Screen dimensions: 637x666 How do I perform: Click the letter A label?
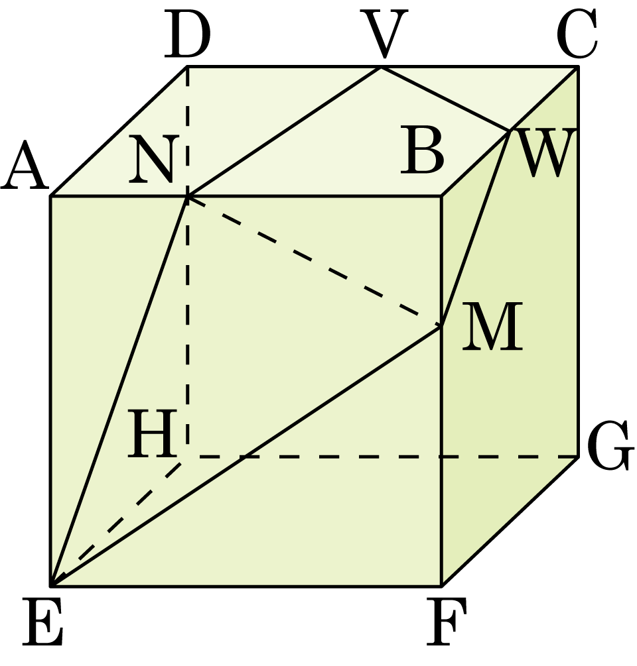(x=25, y=166)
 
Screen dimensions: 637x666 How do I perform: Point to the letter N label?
(x=151, y=159)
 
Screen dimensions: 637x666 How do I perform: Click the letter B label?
(x=422, y=152)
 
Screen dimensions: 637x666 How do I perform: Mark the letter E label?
(x=43, y=622)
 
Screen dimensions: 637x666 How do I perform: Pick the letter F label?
(x=447, y=621)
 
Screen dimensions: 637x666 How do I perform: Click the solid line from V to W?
(x=445, y=99)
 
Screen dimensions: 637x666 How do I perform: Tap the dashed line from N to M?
(x=314, y=261)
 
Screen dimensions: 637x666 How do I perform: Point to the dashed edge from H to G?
(x=382, y=457)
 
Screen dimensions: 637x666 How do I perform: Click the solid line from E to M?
(x=246, y=456)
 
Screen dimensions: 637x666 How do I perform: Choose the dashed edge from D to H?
(x=187, y=261)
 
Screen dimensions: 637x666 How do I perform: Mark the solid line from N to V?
(x=283, y=131)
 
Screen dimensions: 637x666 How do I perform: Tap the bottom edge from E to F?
(x=246, y=586)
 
